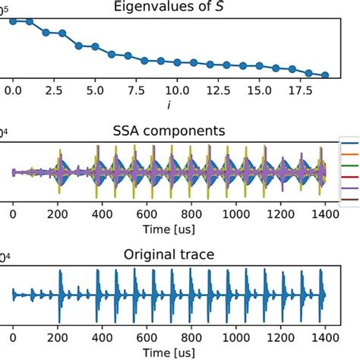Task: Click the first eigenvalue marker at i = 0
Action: pos(13,21)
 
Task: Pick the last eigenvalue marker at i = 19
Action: pos(325,75)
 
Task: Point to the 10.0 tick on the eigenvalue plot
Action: pos(177,90)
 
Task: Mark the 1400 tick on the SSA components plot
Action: pos(324,213)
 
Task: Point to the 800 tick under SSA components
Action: pos(191,213)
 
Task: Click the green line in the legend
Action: pos(350,172)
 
